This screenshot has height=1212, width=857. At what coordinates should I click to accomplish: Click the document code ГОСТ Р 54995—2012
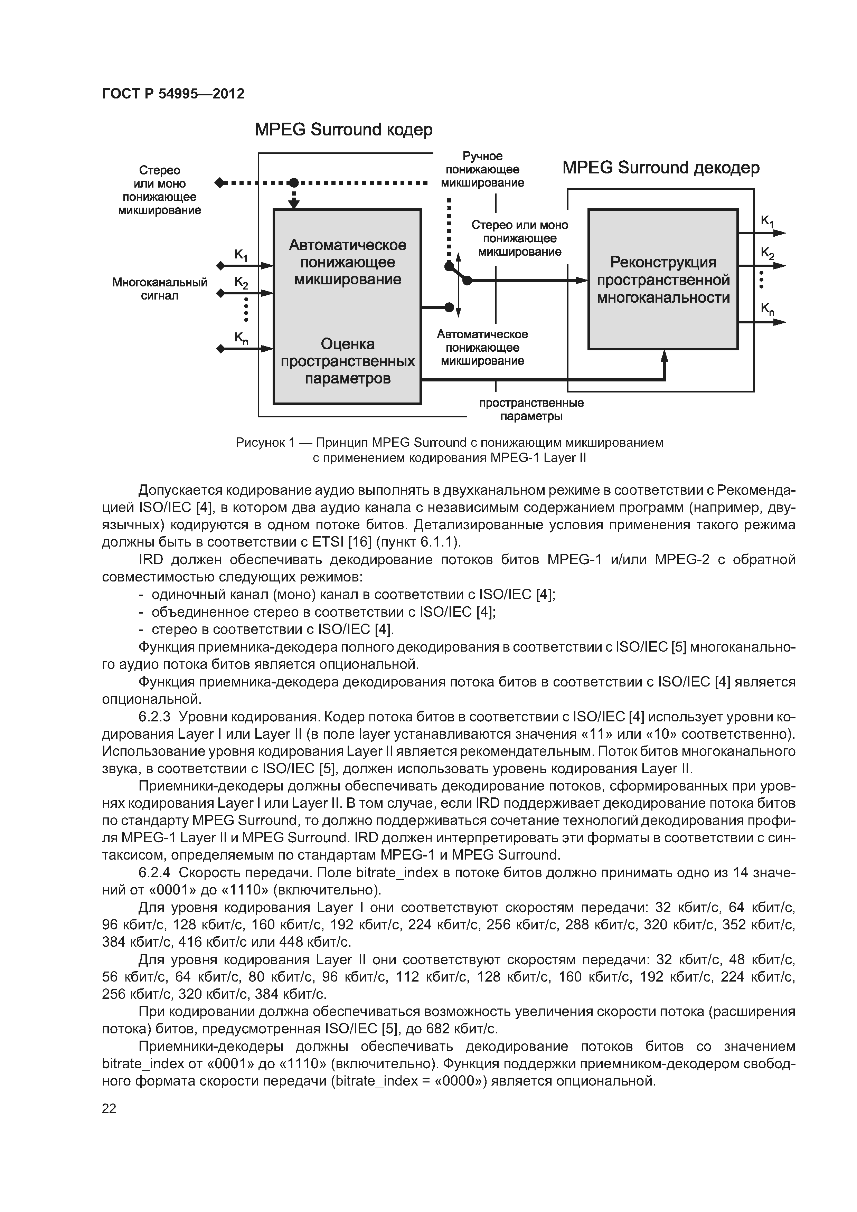[173, 94]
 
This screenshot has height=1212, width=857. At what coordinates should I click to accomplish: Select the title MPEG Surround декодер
[661, 168]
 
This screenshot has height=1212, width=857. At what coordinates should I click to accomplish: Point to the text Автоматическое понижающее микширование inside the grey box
[347, 262]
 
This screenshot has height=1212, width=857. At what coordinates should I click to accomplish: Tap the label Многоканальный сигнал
[159, 289]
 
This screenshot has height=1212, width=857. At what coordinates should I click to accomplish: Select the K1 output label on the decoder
[767, 222]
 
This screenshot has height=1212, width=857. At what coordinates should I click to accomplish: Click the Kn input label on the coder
[241, 338]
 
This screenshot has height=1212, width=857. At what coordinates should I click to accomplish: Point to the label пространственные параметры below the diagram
[531, 410]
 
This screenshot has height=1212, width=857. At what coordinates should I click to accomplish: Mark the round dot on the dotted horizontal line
[294, 183]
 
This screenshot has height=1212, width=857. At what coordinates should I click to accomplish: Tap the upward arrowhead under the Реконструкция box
[664, 356]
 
